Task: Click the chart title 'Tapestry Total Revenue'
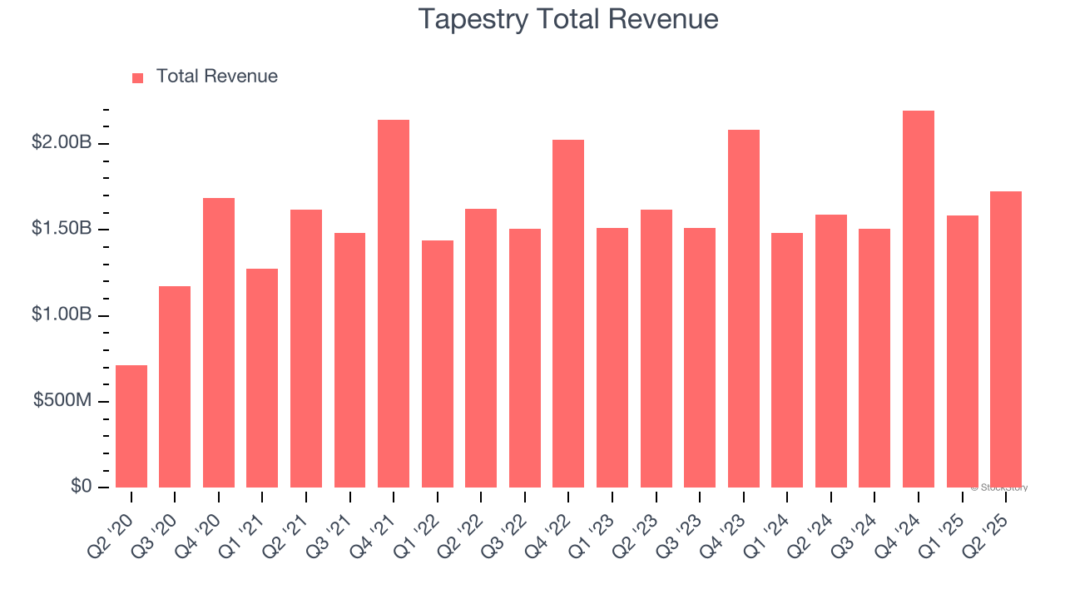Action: click(568, 19)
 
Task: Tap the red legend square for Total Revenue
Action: click(138, 77)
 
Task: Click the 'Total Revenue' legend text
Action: click(216, 77)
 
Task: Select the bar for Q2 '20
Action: click(131, 426)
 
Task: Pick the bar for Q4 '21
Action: click(394, 304)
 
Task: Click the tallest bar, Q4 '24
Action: click(919, 299)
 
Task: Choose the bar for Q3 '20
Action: click(175, 387)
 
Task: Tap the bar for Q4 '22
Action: click(568, 314)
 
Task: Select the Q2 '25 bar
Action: click(1006, 339)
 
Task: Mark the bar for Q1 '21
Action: click(262, 378)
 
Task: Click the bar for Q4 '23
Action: click(744, 309)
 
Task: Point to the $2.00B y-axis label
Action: click(62, 143)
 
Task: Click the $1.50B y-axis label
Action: click(62, 230)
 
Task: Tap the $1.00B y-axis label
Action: click(62, 315)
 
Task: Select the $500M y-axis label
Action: click(62, 401)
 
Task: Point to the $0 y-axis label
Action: click(80, 487)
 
